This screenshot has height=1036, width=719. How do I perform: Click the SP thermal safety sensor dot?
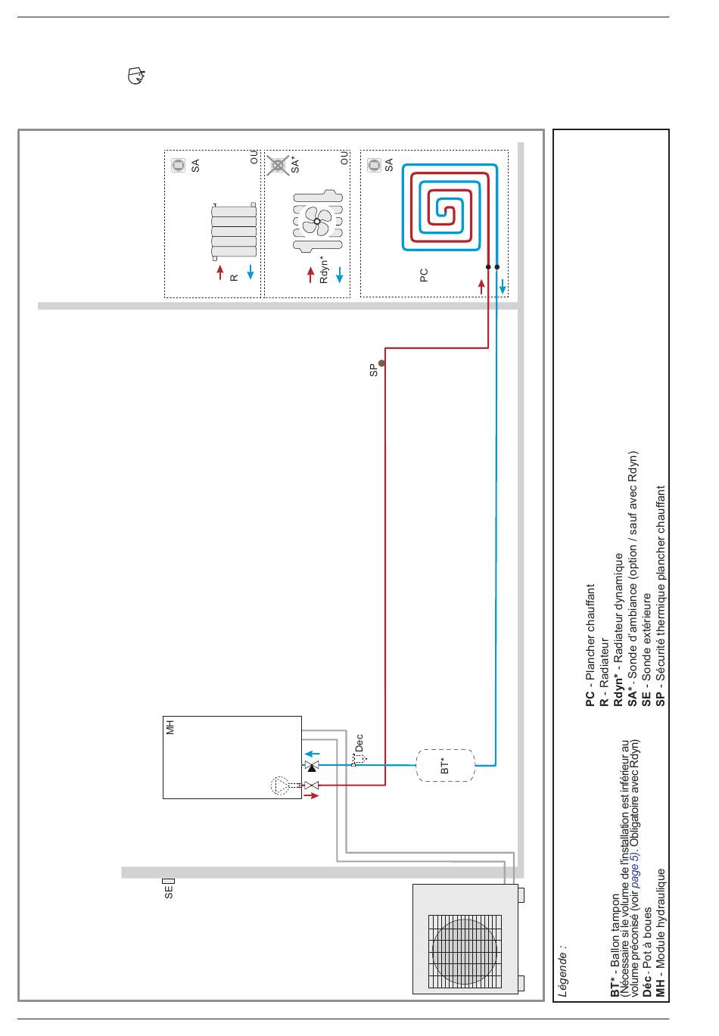(x=381, y=363)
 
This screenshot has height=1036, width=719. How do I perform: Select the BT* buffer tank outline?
(x=445, y=765)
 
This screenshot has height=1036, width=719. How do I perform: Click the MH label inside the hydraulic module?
(x=170, y=727)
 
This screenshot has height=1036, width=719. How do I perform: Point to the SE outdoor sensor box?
(x=169, y=881)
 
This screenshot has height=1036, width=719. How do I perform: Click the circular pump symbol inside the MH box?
(x=279, y=786)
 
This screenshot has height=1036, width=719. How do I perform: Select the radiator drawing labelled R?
(x=234, y=232)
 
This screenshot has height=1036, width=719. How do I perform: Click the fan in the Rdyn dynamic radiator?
(x=317, y=221)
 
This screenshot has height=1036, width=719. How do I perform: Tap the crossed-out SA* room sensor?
(x=278, y=165)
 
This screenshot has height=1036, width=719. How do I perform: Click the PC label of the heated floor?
(x=423, y=275)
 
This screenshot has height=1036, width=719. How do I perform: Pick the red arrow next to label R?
(x=220, y=272)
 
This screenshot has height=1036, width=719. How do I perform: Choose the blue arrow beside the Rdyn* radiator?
(x=340, y=275)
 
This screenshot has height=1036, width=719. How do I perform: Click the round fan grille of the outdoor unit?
(x=464, y=952)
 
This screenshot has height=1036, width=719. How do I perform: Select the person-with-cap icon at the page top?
(x=136, y=76)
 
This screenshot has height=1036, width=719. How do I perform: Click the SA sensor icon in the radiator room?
(x=179, y=165)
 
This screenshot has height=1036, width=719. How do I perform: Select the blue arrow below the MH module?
(x=313, y=754)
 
